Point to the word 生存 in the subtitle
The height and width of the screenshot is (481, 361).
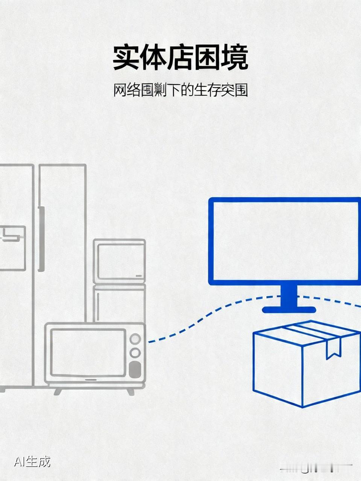[207, 90]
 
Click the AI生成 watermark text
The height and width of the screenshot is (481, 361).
[32, 461]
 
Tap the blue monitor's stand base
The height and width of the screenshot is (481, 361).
[289, 310]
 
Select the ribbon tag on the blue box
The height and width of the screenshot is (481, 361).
[333, 348]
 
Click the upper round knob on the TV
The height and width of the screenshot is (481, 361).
[135, 339]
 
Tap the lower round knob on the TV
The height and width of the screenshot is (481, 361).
[135, 352]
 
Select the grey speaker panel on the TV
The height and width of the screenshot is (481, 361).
[135, 369]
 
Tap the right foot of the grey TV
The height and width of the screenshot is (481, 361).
[130, 391]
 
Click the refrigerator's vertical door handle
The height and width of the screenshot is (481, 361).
[41, 239]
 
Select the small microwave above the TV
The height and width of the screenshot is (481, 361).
[119, 260]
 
